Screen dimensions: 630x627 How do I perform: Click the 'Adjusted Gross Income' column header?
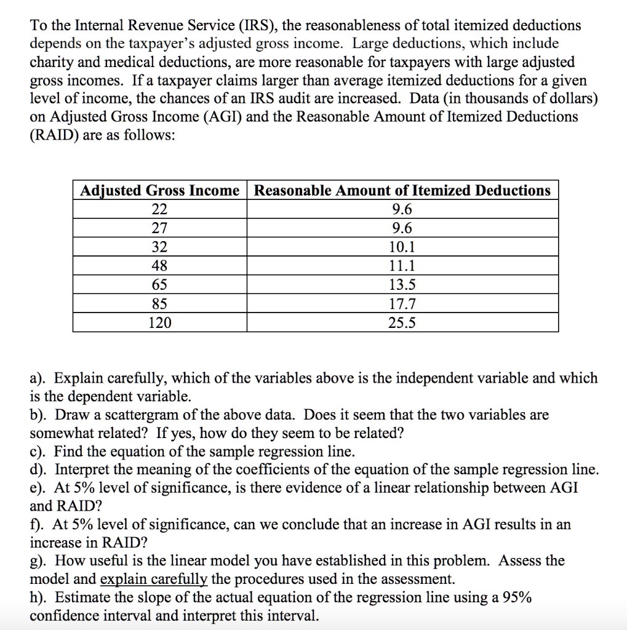(x=159, y=191)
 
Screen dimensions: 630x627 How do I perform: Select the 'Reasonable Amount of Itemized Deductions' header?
(x=402, y=191)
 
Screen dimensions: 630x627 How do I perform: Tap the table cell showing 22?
(x=159, y=210)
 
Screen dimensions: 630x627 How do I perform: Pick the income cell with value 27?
(x=159, y=229)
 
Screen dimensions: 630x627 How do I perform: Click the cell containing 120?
(x=159, y=323)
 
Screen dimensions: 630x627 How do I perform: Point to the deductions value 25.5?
(x=402, y=323)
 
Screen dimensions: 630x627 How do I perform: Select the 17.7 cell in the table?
(x=402, y=304)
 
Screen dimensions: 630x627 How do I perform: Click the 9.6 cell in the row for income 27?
(x=402, y=229)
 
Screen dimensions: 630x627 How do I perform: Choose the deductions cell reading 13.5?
(x=402, y=285)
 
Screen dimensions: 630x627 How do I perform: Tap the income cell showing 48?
(x=159, y=266)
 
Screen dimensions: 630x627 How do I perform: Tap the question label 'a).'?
(x=41, y=378)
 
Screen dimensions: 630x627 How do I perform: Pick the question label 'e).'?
(x=41, y=488)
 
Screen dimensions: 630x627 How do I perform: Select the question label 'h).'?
(x=41, y=597)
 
